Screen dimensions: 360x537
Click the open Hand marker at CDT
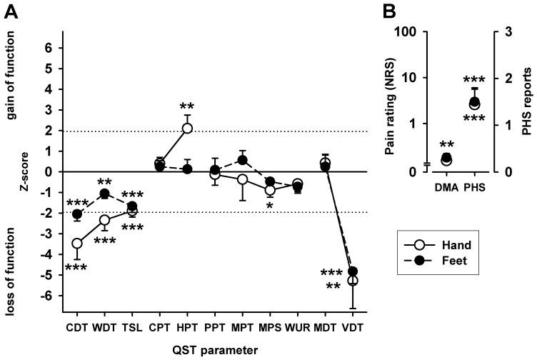coord(77,244)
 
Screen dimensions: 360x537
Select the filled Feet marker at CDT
coord(77,214)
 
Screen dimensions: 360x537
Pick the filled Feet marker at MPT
coord(243,160)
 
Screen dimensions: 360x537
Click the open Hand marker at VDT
coord(352,280)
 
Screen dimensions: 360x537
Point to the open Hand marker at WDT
coord(104,220)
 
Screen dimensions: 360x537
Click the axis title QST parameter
coord(215,349)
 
